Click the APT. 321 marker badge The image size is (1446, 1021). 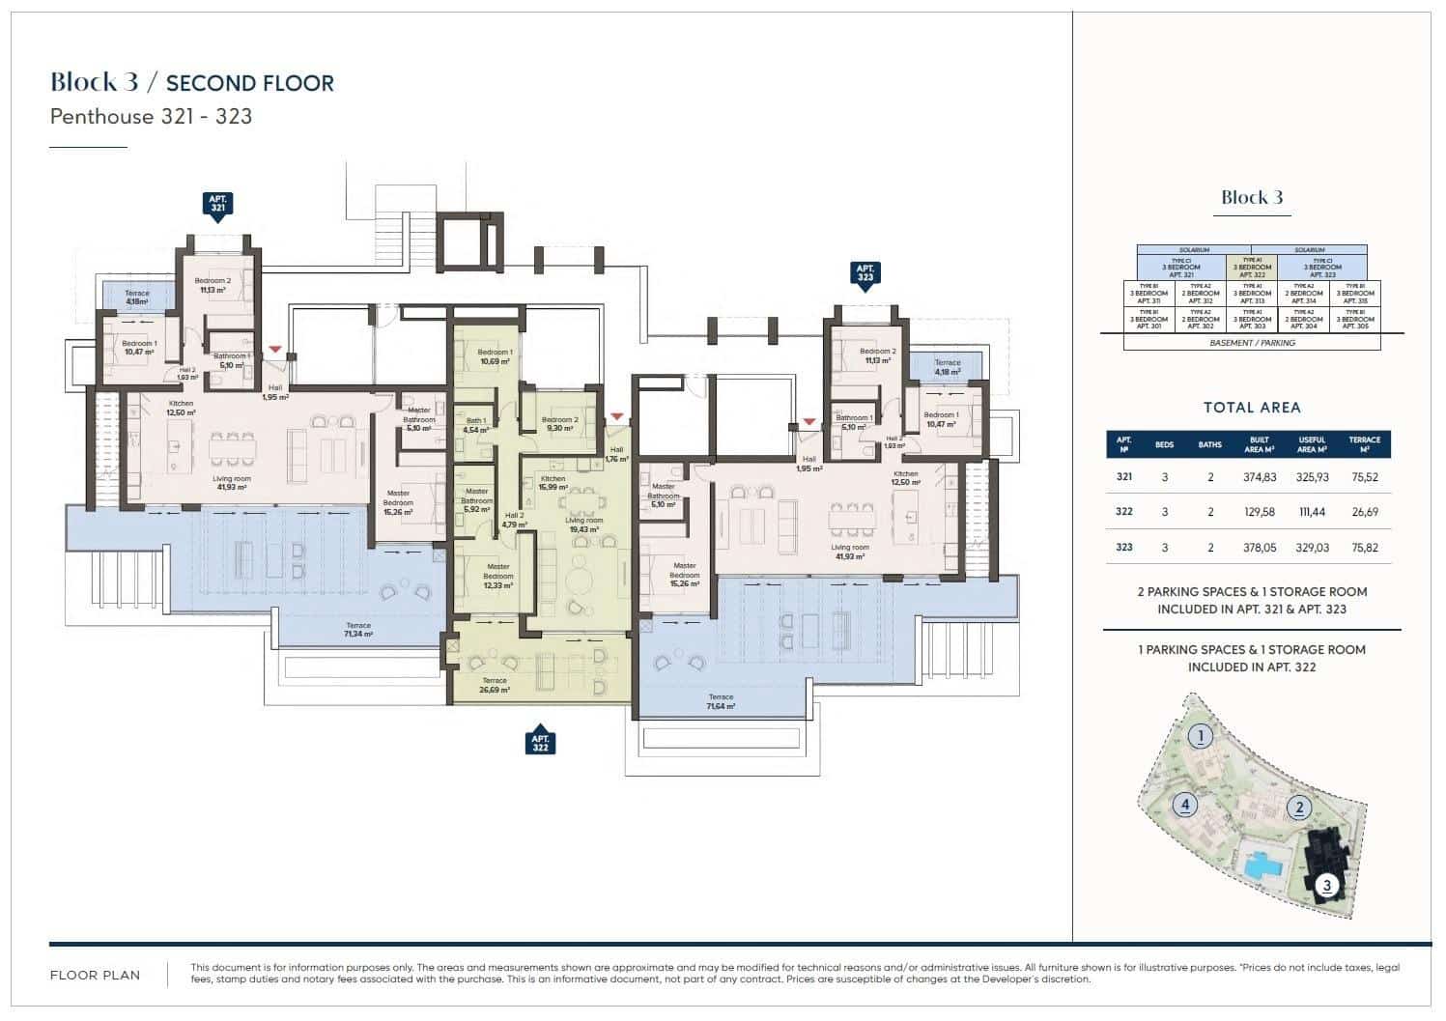tap(218, 205)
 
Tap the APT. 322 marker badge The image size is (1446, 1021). tap(541, 742)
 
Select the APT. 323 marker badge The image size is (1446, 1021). tap(865, 273)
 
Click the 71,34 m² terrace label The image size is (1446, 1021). tap(357, 631)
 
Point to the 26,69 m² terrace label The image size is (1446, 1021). tap(494, 686)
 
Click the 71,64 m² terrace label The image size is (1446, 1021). tap(721, 702)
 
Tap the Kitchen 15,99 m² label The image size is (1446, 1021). tap(553, 483)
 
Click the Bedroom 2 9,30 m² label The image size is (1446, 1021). tap(559, 424)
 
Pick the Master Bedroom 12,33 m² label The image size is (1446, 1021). tap(497, 576)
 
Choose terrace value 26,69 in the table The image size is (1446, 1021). tap(1365, 512)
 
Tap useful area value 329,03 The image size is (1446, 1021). tap(1312, 548)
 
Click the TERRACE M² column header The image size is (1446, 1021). tap(1365, 444)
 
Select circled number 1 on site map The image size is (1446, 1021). tap(1200, 737)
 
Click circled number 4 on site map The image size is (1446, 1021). tap(1183, 805)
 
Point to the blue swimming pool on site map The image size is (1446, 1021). tap(1262, 864)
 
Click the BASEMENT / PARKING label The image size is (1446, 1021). tap(1252, 343)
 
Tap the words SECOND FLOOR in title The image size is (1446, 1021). tap(250, 83)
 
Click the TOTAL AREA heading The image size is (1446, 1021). tap(1252, 408)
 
